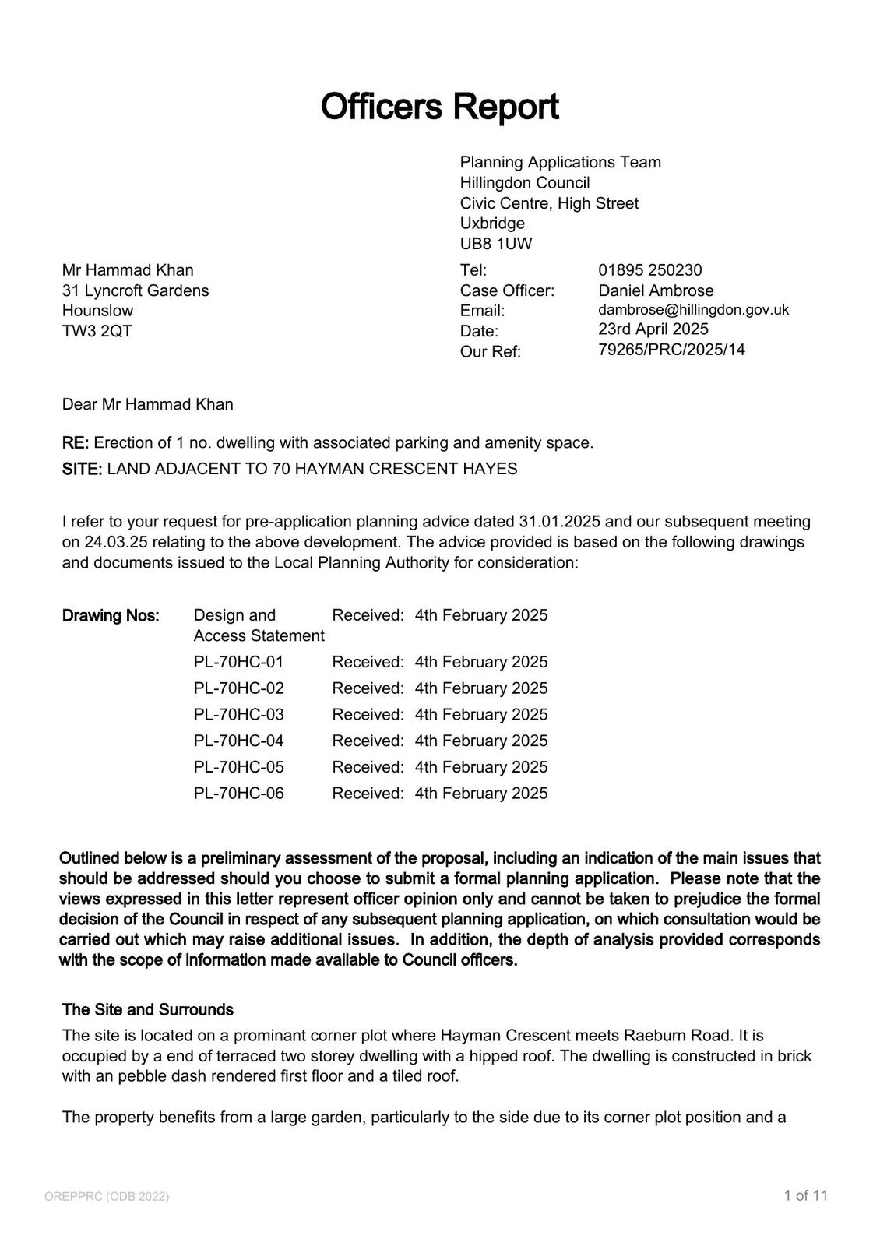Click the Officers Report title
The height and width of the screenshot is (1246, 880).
(439, 107)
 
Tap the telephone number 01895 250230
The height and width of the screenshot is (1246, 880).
(649, 270)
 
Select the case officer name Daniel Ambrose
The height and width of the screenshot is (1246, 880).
(656, 290)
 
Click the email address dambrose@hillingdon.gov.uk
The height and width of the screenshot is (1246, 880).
(693, 310)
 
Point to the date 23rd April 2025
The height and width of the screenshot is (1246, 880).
(653, 329)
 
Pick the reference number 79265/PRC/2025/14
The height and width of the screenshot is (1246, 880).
(671, 350)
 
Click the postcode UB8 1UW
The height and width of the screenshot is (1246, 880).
(496, 244)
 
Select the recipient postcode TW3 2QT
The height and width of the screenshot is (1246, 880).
(97, 331)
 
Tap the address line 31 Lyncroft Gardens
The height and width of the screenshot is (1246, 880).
(136, 290)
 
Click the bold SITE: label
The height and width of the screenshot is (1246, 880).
(82, 470)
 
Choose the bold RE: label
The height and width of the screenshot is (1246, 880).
(76, 443)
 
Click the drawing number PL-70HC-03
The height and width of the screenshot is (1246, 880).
(239, 715)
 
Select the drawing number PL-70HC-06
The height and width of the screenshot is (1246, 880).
(239, 794)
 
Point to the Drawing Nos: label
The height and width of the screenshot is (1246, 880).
(111, 616)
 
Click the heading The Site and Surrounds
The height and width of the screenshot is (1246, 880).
(148, 1010)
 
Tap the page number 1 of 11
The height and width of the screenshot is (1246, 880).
(806, 1196)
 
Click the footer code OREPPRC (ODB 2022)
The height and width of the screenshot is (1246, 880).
(107, 1197)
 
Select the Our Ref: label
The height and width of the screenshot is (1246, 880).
(490, 352)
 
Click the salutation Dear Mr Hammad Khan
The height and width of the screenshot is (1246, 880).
(148, 405)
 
